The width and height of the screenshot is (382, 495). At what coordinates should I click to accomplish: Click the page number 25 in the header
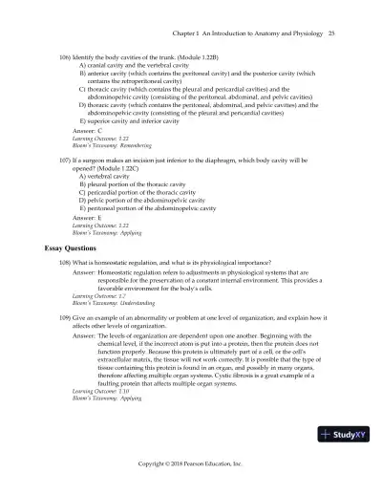pyautogui.click(x=329, y=34)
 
